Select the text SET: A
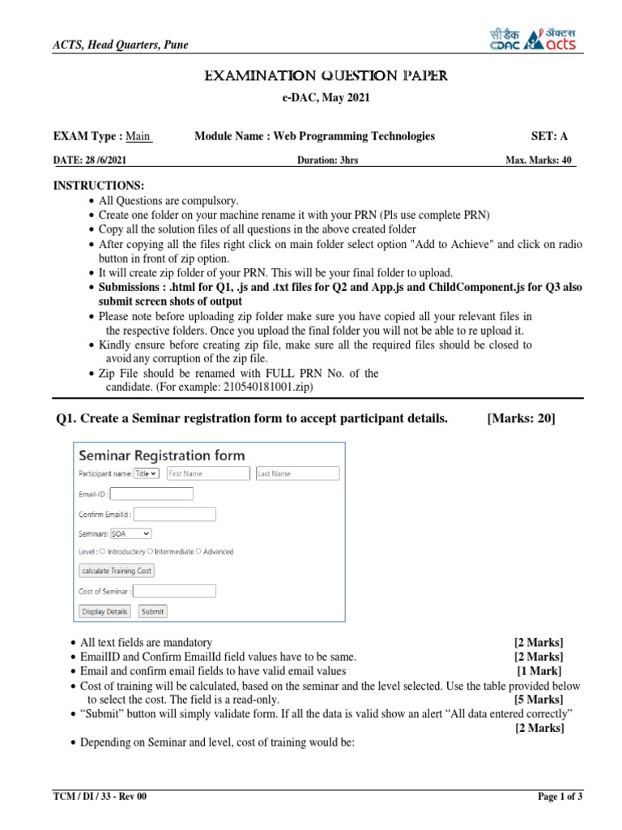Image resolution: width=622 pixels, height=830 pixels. (x=549, y=136)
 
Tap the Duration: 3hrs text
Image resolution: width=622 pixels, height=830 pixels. (x=327, y=160)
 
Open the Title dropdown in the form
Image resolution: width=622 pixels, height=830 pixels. (x=147, y=473)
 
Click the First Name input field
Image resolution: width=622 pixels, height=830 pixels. (x=208, y=473)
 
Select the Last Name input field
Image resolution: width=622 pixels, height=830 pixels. (x=297, y=473)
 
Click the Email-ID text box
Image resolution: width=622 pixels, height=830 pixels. (x=151, y=494)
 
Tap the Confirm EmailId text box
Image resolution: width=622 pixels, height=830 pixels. (x=174, y=514)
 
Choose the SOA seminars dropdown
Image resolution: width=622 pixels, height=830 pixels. (x=130, y=533)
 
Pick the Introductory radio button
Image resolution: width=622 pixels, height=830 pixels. (x=103, y=551)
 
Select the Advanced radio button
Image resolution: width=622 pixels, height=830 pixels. (x=199, y=551)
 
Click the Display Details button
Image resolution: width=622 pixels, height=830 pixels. (x=104, y=611)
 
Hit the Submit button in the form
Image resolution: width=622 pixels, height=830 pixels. (x=152, y=611)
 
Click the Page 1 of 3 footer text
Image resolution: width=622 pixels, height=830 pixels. (x=560, y=797)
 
